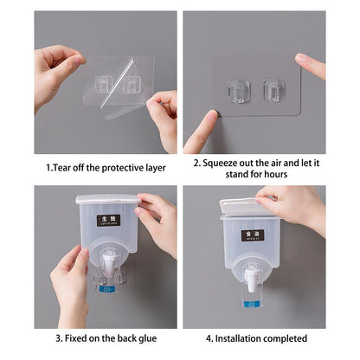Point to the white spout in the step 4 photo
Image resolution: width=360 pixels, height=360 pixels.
click(252, 277)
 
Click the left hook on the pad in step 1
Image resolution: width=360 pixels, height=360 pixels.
click(104, 83)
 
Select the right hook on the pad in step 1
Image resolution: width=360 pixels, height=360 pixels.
click(132, 84)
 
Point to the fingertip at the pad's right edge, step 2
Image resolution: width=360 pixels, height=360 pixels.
click(305, 62)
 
